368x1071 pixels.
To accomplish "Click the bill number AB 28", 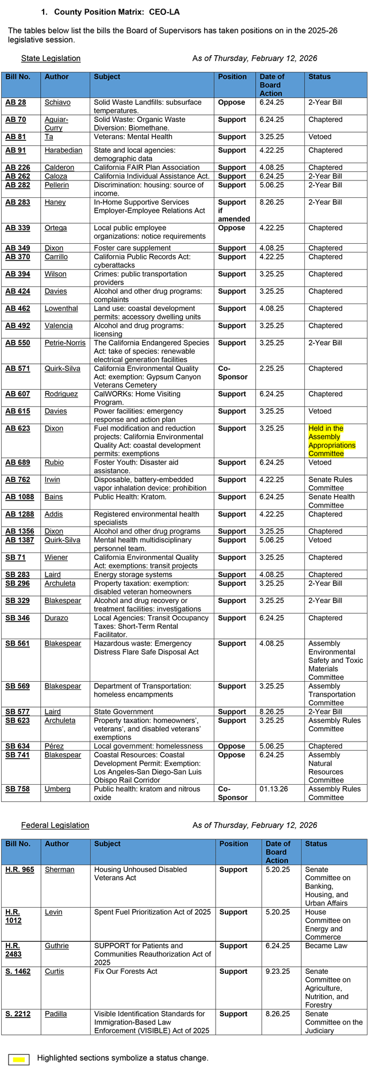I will coord(16,102).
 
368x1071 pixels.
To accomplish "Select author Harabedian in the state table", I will coord(63,150).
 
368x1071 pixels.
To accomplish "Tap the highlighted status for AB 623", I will coord(332,441).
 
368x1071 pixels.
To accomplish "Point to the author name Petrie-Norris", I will coord(64,343).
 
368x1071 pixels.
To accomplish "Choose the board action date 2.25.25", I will coord(271,368).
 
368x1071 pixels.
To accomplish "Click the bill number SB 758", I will coord(17,789).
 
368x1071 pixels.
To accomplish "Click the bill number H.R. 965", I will coord(20,869).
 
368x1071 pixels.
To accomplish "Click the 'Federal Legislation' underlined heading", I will coord(55,825).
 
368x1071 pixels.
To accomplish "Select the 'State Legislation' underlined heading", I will coord(51,58).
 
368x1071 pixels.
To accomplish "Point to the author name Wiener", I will coord(56,557).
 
